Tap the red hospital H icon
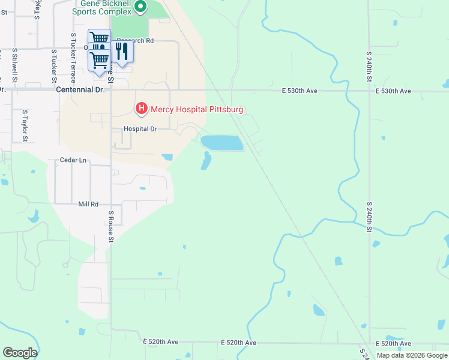pyautogui.click(x=142, y=109)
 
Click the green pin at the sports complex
pyautogui.click(x=140, y=7)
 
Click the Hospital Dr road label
pyautogui.click(x=140, y=129)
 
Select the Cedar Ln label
pyautogui.click(x=73, y=161)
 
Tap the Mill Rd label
pyautogui.click(x=88, y=205)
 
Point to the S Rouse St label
pyautogui.click(x=111, y=226)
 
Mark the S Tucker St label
pyautogui.click(x=54, y=65)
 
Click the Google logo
pyautogui.click(x=20, y=353)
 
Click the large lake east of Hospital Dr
pyautogui.click(x=221, y=143)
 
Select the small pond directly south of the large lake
pyautogui.click(x=206, y=161)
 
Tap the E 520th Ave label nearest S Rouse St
pyautogui.click(x=161, y=342)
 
